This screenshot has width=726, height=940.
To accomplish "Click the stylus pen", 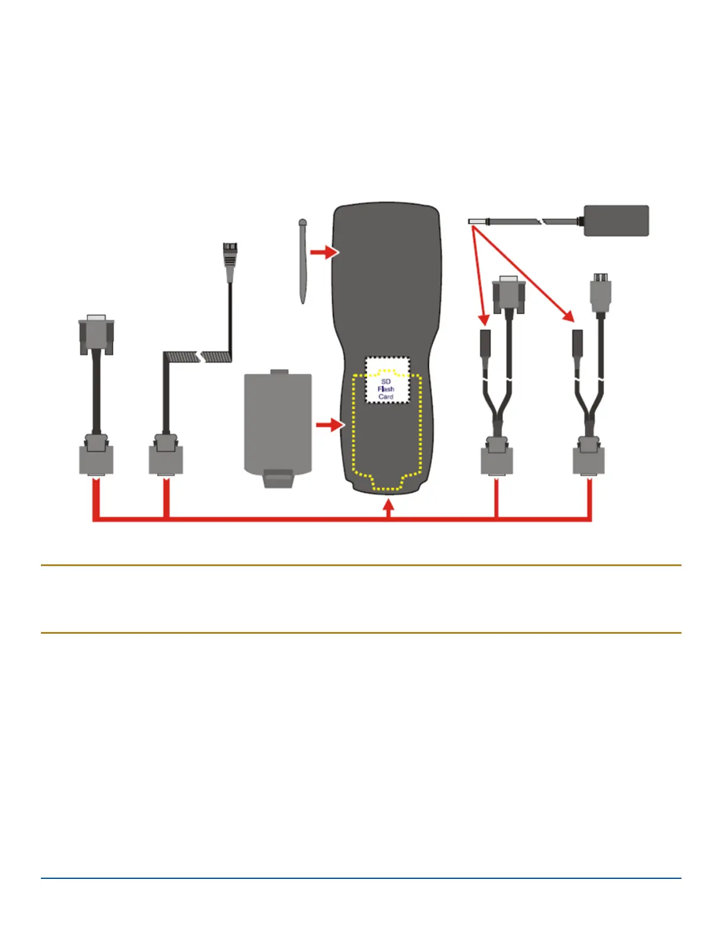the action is click(303, 261).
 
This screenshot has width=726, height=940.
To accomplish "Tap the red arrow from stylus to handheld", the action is click(324, 252).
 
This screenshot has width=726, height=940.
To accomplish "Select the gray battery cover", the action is click(278, 421).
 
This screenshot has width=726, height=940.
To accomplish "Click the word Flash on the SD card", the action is click(386, 389).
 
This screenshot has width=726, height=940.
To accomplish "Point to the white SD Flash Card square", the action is click(387, 380).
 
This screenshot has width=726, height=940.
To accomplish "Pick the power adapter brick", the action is click(616, 221).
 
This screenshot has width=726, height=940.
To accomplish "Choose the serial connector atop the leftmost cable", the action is click(97, 335).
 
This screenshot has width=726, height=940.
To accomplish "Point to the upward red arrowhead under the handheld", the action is click(389, 506).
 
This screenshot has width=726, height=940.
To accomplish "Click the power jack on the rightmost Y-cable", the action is click(577, 342).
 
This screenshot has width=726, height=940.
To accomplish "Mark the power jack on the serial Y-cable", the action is click(485, 342).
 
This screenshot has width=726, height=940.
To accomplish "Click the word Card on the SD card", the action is click(386, 396).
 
